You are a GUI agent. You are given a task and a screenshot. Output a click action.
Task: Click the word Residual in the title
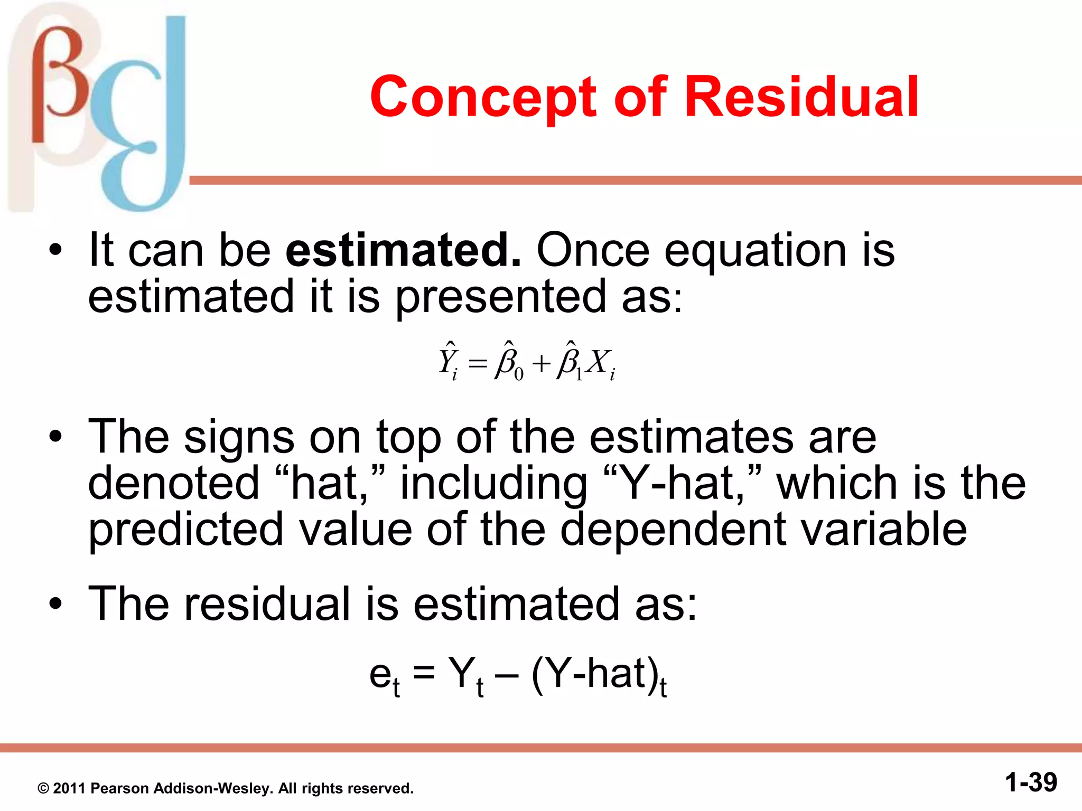click(801, 97)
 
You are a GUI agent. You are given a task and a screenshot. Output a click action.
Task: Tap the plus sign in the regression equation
click(542, 364)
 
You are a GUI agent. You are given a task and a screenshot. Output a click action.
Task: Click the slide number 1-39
click(1031, 782)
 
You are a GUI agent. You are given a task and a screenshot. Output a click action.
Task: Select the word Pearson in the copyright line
click(119, 788)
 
